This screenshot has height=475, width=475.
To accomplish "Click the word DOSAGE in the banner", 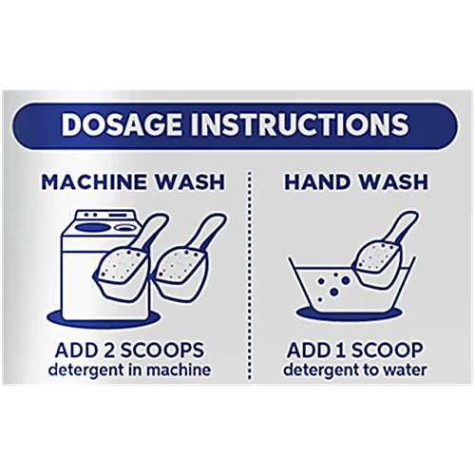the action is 122,124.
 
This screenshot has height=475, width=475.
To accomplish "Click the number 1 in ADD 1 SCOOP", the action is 343,351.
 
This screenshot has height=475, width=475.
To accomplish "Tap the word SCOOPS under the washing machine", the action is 162,351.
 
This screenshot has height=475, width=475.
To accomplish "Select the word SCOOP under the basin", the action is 388,351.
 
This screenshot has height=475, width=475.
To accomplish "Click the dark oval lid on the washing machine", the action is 93,228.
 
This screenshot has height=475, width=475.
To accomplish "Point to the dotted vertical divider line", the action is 250,275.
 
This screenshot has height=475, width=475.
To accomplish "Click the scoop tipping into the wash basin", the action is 382,250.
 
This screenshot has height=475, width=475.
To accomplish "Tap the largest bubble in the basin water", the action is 346,280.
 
